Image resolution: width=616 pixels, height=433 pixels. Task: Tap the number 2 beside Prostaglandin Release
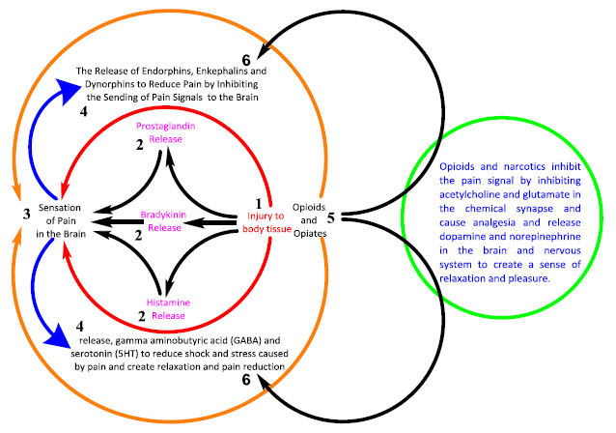point(139,145)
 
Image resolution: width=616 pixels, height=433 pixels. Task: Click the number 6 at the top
point(246,60)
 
